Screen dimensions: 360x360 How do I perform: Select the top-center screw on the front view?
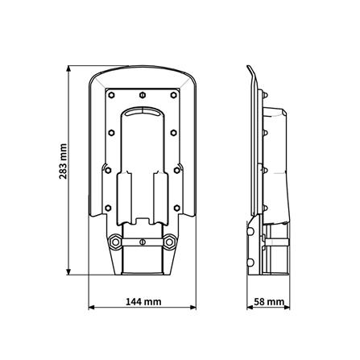click(x=143, y=91)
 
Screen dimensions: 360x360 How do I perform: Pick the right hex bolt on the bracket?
click(x=171, y=241)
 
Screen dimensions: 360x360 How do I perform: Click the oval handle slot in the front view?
click(x=143, y=111)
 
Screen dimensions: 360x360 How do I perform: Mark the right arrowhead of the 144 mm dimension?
click(x=196, y=307)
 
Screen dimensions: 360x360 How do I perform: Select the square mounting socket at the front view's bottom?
click(x=143, y=262)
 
